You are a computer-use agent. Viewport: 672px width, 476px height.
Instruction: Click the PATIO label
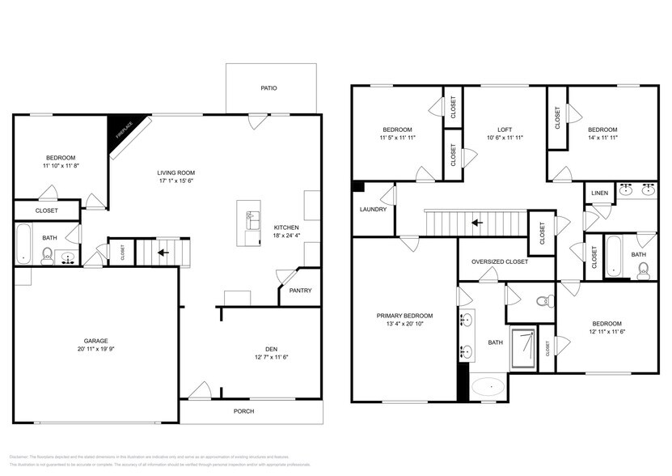[268, 88]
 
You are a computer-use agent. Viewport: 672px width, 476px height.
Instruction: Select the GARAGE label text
[95, 341]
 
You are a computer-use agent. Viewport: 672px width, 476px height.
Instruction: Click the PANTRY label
[300, 291]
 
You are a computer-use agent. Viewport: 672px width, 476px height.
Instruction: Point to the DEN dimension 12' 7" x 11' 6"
[271, 357]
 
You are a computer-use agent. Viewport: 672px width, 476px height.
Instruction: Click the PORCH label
[243, 411]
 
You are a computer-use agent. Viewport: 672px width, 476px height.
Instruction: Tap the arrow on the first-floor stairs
[163, 253]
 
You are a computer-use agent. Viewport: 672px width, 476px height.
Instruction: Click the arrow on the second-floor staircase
[477, 221]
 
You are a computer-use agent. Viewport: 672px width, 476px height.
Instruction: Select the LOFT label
[505, 130]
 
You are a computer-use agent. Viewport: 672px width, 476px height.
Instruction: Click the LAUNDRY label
[373, 210]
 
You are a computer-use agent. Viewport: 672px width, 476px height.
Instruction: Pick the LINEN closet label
[599, 193]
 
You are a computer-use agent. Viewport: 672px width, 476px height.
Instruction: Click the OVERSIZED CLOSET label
[500, 261]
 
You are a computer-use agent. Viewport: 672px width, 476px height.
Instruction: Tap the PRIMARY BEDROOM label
[404, 316]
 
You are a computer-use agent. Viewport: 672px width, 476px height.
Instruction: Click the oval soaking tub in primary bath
[486, 387]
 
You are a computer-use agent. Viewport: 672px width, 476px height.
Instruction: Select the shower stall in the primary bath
[522, 347]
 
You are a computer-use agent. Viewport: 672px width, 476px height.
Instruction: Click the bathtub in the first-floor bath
[23, 244]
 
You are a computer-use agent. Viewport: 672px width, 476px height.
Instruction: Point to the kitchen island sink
[251, 216]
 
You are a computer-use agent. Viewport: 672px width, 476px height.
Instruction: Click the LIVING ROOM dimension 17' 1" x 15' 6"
[175, 181]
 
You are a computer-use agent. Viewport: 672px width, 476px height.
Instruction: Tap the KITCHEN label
[286, 227]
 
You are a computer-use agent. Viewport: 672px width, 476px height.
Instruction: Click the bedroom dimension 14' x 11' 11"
[602, 138]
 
